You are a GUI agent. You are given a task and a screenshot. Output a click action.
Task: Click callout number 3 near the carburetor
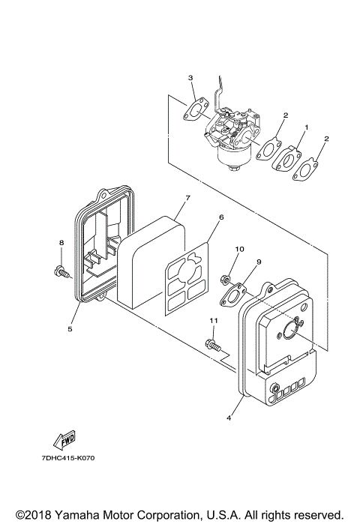pos(190,78)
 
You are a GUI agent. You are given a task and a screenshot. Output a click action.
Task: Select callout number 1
pos(303,129)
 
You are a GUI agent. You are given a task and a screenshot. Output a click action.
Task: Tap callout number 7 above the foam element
pos(188,197)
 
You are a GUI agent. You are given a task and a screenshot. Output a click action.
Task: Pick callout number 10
pos(240,248)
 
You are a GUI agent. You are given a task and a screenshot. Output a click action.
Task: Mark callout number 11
pos(212,321)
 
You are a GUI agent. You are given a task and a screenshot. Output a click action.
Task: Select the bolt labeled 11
pos(213,346)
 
